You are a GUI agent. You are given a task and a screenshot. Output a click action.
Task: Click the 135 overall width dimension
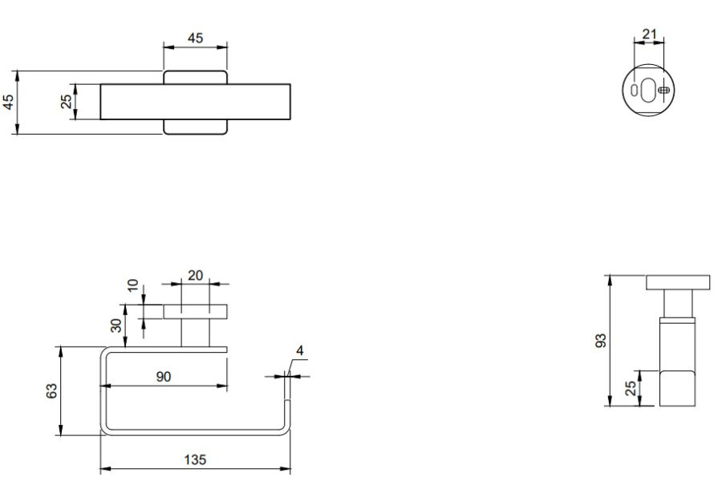(x=195, y=459)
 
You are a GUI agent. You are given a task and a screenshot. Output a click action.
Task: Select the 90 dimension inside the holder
(x=164, y=377)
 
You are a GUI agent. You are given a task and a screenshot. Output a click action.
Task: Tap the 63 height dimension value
(x=51, y=390)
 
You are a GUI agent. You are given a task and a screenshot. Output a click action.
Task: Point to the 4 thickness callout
(x=300, y=350)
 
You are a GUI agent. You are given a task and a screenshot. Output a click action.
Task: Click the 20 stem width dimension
(x=195, y=275)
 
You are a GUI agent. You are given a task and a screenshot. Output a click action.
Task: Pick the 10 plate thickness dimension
(x=132, y=285)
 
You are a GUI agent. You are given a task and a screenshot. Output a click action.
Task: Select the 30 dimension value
(x=117, y=325)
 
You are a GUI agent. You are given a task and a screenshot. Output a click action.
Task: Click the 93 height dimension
(x=602, y=341)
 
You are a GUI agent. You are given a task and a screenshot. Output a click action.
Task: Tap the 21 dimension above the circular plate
(x=649, y=34)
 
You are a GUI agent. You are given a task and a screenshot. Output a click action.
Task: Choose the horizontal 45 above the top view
(x=195, y=38)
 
